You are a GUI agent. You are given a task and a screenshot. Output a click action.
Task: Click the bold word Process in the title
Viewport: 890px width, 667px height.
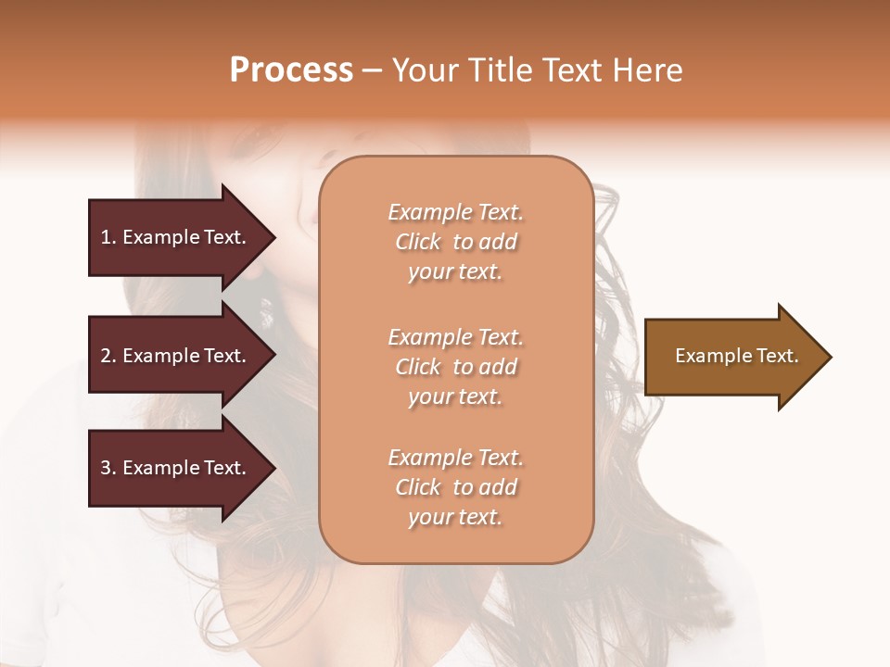pos(291,70)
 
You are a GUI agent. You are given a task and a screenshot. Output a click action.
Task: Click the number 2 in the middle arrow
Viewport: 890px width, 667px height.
pos(105,356)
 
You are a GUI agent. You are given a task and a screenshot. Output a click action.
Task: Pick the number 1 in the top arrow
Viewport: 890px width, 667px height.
pos(105,237)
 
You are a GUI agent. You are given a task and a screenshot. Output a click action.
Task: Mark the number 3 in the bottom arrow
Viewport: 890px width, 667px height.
pos(105,468)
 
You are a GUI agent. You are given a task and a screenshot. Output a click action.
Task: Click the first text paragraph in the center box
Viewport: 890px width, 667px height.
pos(455,242)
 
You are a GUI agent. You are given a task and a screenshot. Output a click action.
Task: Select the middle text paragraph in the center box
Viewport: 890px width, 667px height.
pos(455,367)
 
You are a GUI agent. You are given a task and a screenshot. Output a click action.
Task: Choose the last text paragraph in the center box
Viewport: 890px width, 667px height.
pos(455,487)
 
